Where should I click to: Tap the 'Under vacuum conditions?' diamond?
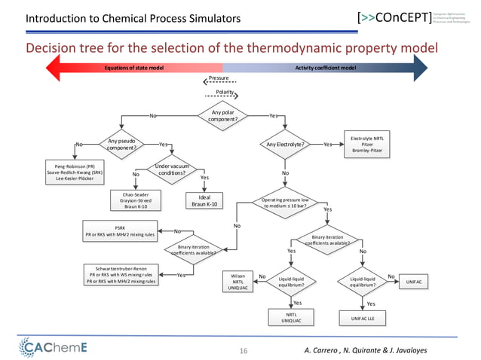(171, 170)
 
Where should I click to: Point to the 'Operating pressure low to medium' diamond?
(285, 204)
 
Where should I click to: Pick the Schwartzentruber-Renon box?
(120, 276)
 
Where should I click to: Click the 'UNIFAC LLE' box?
(363, 319)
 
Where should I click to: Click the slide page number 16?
(243, 349)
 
